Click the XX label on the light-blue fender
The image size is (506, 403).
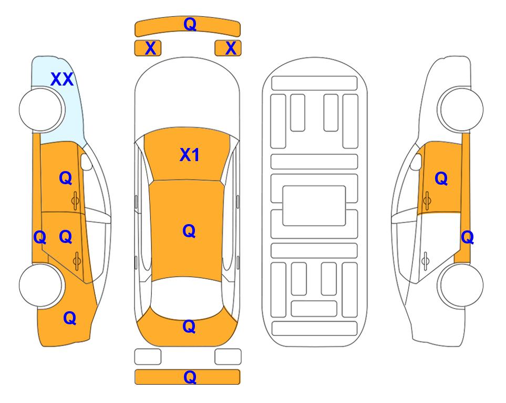pyautogui.click(x=62, y=79)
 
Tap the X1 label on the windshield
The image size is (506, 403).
pyautogui.click(x=190, y=155)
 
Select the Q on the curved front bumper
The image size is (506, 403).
pyautogui.click(x=190, y=25)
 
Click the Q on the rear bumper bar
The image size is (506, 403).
pyautogui.click(x=190, y=377)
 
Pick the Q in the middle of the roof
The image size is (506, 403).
pyautogui.click(x=189, y=231)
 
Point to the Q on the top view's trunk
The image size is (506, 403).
pyautogui.click(x=189, y=326)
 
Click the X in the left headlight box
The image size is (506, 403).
pyautogui.click(x=150, y=48)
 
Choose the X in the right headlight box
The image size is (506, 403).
pyautogui.click(x=231, y=48)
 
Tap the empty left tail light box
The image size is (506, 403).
pyautogui.click(x=148, y=357)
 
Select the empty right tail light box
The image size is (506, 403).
pyautogui.click(x=228, y=357)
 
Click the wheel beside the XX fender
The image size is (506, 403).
pyautogui.click(x=42, y=109)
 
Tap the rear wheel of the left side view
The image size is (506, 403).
pyautogui.click(x=42, y=285)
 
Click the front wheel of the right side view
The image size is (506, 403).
pyautogui.click(x=460, y=109)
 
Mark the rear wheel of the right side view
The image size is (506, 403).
pyautogui.click(x=460, y=285)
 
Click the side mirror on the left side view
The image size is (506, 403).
pyautogui.click(x=86, y=162)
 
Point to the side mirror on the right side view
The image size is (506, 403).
pyautogui.click(x=416, y=162)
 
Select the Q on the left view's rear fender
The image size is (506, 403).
pyautogui.click(x=70, y=318)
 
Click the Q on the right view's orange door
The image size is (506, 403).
pyautogui.click(x=441, y=178)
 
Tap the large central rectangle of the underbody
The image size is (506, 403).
pyautogui.click(x=314, y=206)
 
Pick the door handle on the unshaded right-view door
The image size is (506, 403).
pyautogui.click(x=426, y=261)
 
